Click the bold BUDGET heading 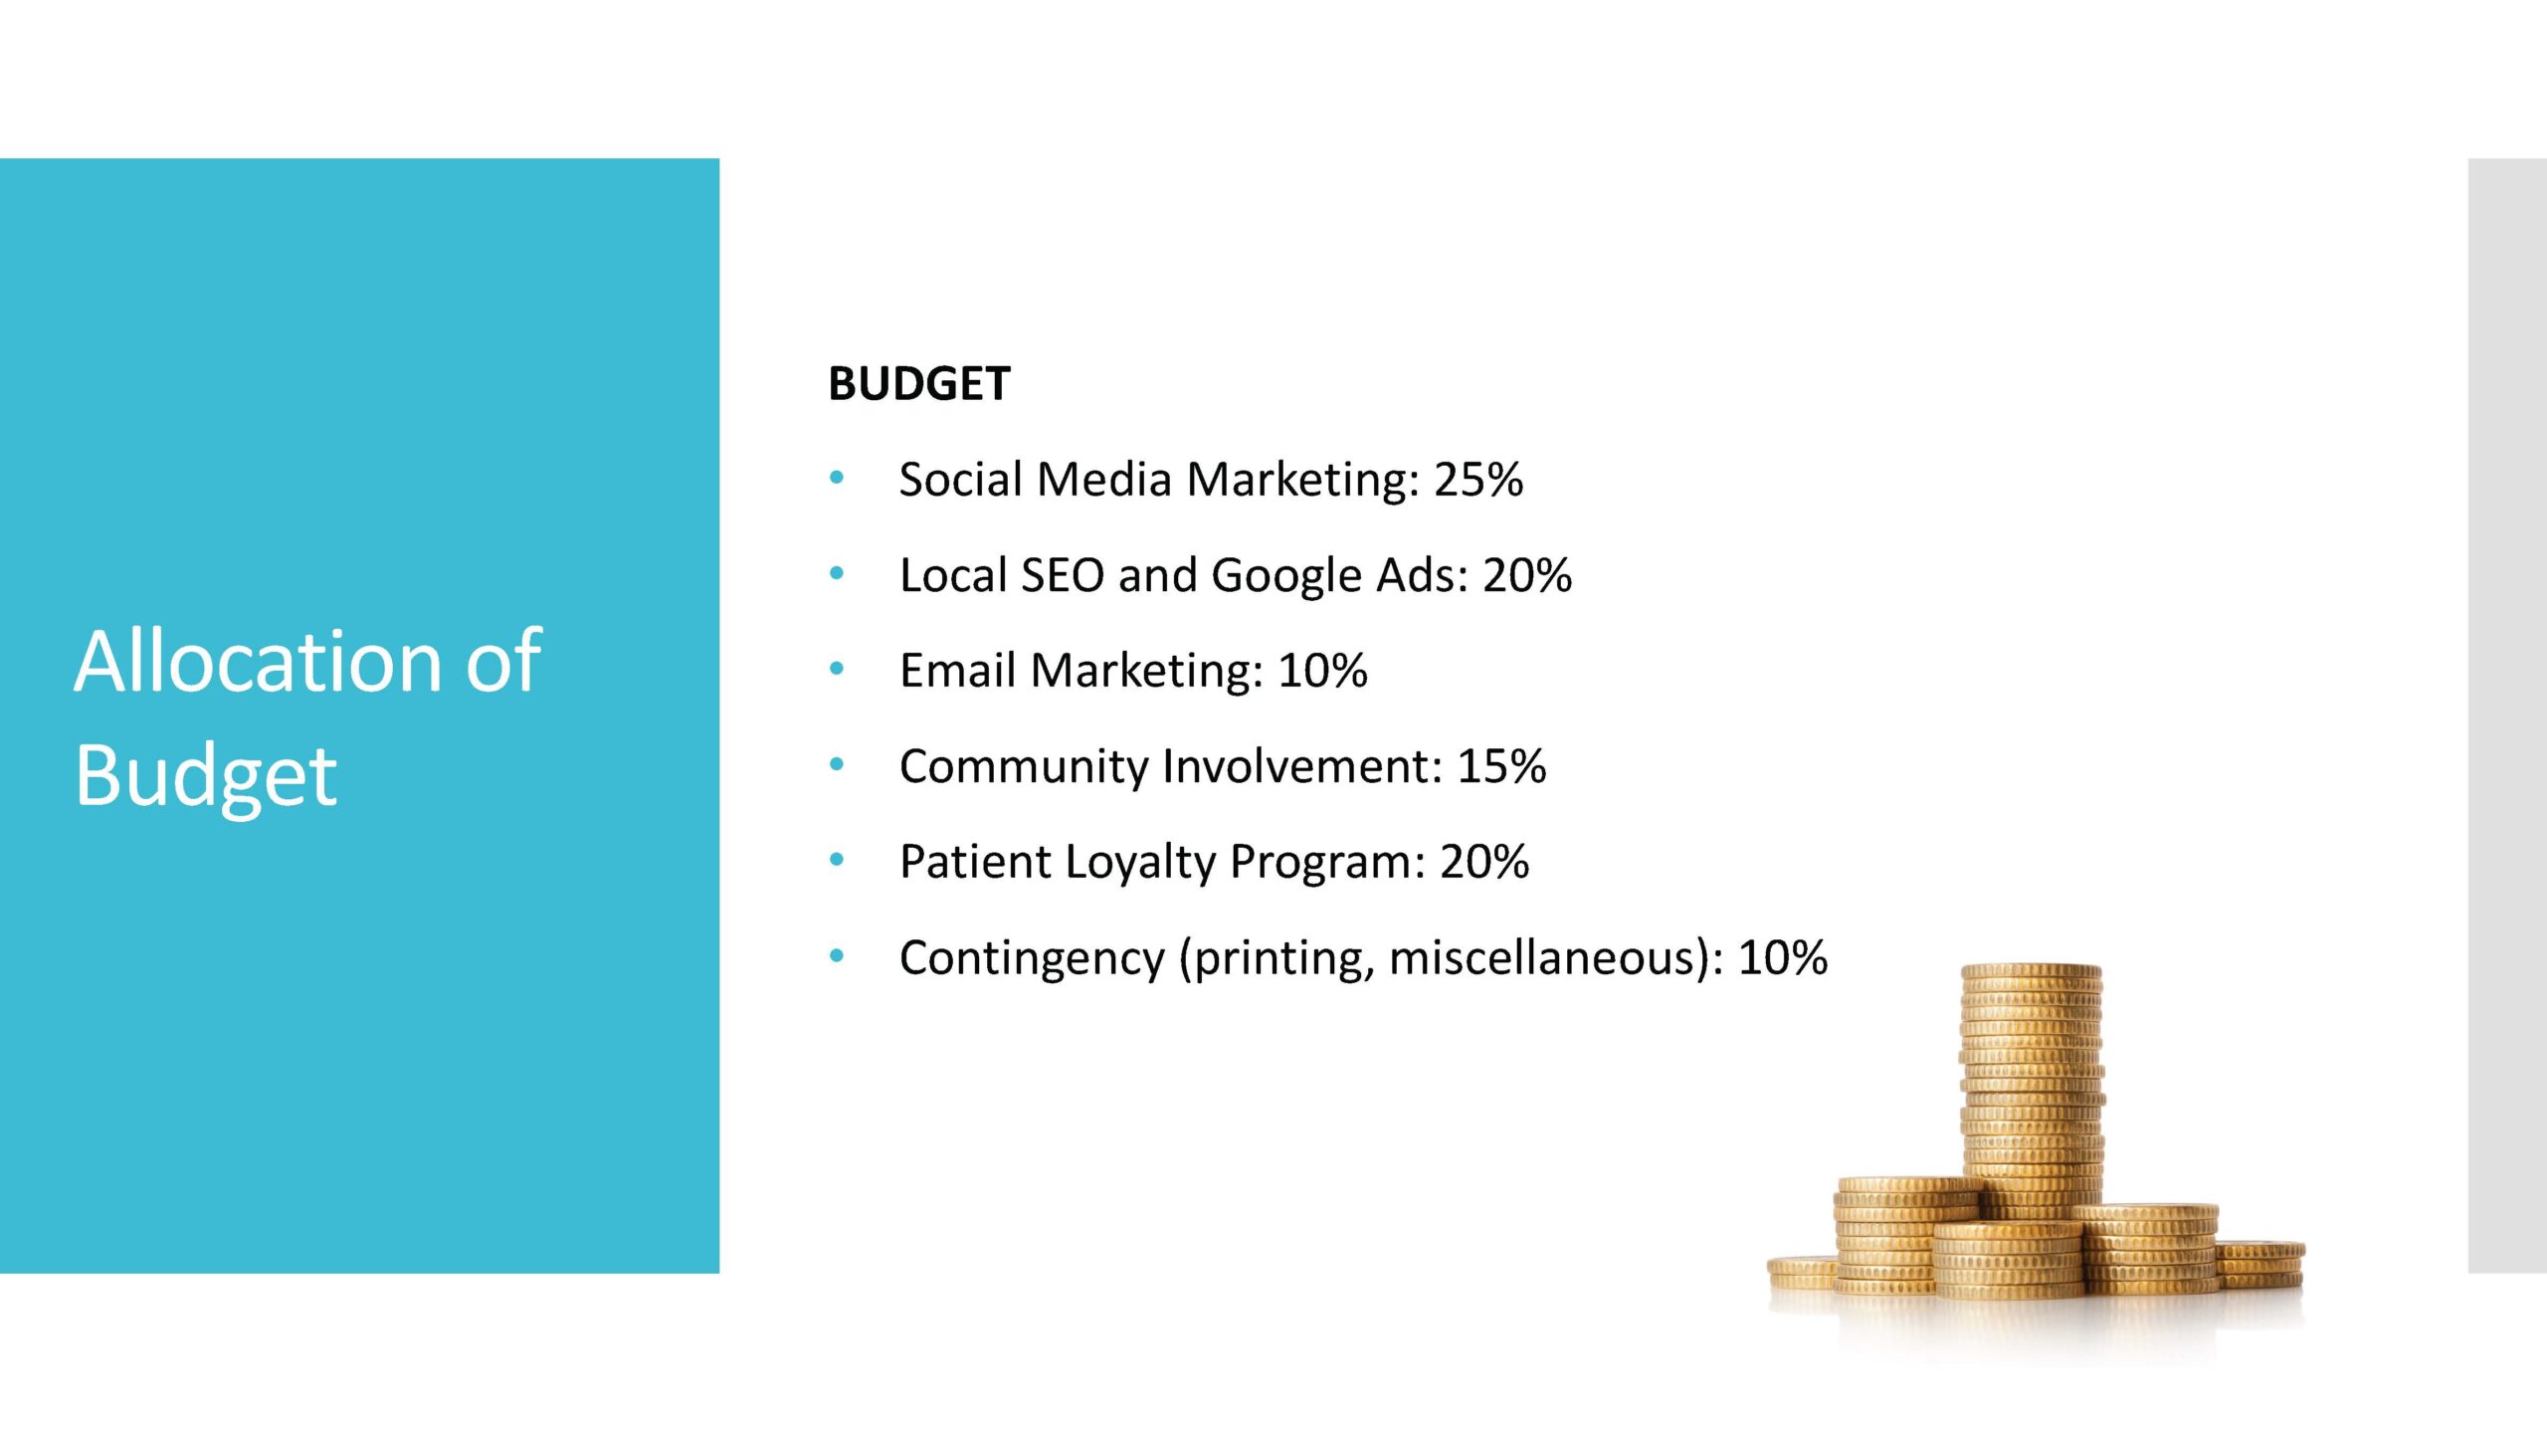(918, 384)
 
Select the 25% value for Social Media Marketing (1477, 480)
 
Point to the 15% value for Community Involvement (1501, 766)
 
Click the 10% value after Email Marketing (1322, 671)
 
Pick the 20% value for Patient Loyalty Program (1483, 862)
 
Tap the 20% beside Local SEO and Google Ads (1527, 575)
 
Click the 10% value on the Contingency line (1782, 957)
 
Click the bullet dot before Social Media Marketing (837, 479)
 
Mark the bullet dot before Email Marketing (837, 670)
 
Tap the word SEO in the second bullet (1063, 575)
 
